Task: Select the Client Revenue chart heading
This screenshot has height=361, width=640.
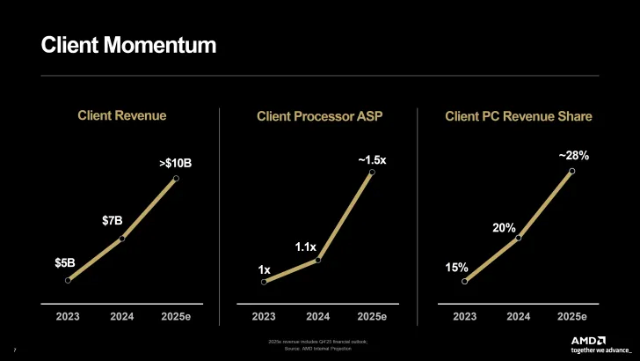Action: click(121, 115)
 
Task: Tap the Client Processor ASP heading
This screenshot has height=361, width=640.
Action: click(319, 116)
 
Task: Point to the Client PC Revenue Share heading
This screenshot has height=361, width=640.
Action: click(519, 116)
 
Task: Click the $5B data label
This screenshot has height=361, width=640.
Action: click(65, 262)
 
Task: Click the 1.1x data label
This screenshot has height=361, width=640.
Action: click(305, 247)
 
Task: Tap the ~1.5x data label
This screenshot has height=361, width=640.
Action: click(371, 159)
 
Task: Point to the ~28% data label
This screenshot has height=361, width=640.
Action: click(573, 155)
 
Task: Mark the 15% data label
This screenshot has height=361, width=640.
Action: click(456, 267)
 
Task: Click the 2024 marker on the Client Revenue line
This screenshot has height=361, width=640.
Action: click(122, 238)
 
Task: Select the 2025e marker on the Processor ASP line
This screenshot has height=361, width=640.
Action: click(372, 173)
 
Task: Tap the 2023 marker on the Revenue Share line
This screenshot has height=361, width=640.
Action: click(464, 282)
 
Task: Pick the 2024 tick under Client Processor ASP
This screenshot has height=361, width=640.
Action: click(317, 316)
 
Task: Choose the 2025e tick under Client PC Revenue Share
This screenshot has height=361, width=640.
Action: click(571, 316)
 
